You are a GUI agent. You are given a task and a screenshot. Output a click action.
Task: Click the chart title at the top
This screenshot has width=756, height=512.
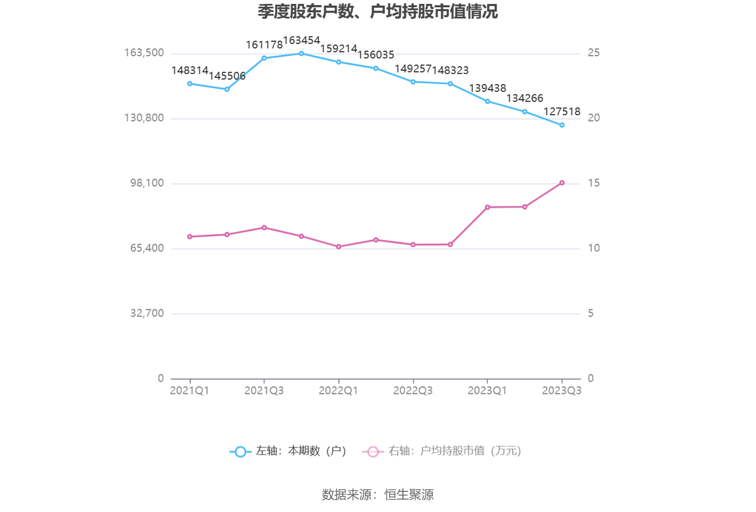coord(377,12)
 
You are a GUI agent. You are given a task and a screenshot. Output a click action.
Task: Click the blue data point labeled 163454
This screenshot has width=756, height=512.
coord(301,53)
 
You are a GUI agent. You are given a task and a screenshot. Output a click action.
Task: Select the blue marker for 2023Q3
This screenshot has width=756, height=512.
coord(562,125)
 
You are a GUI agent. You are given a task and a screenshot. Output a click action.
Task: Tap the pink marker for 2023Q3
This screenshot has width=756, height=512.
coord(562,183)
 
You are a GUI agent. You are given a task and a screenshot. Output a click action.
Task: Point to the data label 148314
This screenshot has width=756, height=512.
coord(190,71)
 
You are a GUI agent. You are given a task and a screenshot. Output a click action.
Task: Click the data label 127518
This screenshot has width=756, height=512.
coord(562,112)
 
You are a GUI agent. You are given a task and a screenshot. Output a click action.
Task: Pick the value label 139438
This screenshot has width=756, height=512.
coord(488,88)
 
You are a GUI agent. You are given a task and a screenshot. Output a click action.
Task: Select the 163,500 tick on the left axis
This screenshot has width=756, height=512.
coord(144,53)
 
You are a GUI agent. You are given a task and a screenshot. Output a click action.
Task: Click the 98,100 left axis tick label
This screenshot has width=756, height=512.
coord(147,183)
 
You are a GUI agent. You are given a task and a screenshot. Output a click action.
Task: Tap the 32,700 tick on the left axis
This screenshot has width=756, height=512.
coord(147,313)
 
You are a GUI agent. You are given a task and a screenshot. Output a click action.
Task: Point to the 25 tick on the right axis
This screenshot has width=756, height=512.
coord(594,53)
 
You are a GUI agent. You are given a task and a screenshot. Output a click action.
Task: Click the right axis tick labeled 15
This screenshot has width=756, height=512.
coord(594,183)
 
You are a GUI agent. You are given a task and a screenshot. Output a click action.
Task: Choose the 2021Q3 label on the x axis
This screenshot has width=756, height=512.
coord(264,391)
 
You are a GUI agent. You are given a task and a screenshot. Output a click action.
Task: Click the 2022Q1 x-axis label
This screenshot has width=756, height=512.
coord(339,391)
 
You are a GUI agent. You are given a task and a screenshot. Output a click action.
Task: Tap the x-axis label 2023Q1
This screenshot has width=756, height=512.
coord(488,391)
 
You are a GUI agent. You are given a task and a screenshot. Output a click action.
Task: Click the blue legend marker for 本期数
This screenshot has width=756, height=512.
coord(240,451)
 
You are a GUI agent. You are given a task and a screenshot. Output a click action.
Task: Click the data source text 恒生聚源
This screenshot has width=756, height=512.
coord(409,495)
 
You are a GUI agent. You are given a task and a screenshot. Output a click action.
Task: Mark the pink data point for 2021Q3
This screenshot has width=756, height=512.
coord(264,228)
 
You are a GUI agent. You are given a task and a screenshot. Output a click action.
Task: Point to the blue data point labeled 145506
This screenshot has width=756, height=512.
coord(227,89)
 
